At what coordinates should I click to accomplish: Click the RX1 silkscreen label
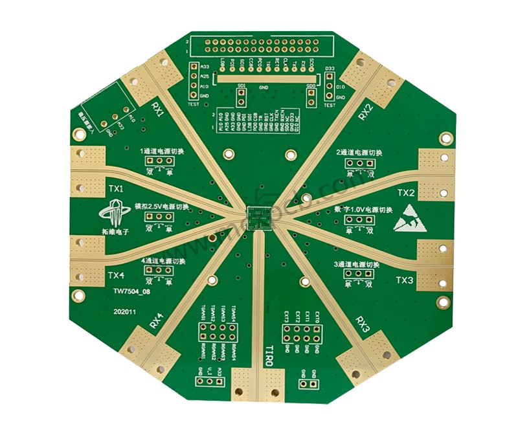pos(157,109)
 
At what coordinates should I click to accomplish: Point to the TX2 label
pos(405,193)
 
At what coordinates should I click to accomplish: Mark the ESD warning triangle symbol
pos(407,219)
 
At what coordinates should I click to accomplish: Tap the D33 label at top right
pos(329,68)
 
